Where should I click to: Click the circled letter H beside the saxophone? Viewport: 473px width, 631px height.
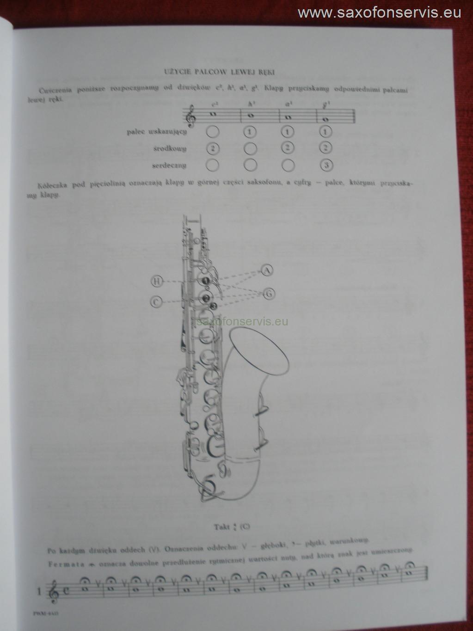tap(157, 281)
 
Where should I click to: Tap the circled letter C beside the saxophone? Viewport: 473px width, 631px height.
tap(156, 302)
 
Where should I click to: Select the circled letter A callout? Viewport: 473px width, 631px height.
tap(267, 270)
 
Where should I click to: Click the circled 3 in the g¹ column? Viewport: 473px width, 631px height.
tap(326, 165)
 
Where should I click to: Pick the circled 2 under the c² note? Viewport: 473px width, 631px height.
tap(212, 148)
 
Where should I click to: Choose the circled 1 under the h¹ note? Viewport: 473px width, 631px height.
tap(250, 132)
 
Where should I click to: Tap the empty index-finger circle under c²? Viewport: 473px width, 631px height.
tap(212, 132)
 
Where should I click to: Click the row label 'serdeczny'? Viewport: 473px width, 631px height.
tap(169, 165)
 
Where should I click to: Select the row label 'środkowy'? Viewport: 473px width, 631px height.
tap(170, 149)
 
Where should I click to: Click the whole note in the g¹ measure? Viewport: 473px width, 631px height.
tap(325, 118)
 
